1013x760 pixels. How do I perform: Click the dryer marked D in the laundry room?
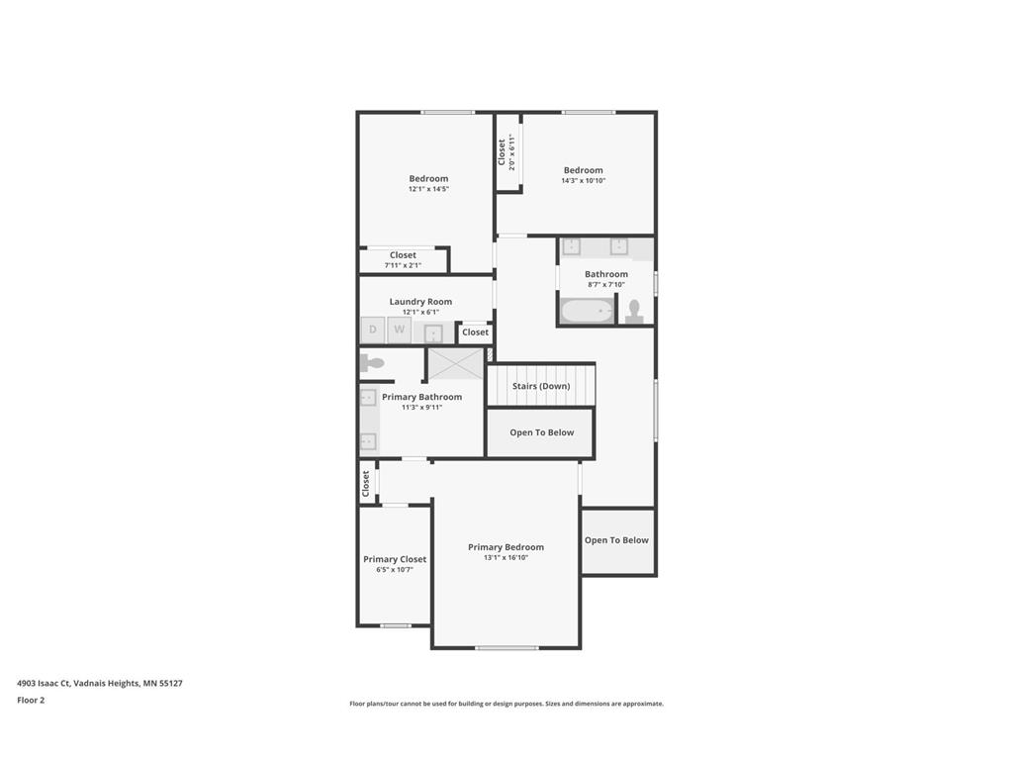coord(373,330)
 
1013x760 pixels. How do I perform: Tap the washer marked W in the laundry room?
coord(400,330)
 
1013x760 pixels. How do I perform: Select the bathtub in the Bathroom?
coord(588,311)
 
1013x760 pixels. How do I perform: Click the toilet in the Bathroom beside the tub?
coord(634,312)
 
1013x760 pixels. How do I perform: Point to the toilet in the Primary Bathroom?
coord(371,363)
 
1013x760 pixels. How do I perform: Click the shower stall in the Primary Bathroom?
coord(455,363)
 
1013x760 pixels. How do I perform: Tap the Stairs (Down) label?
coord(541,386)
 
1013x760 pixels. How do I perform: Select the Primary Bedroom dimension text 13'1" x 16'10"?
coord(506,558)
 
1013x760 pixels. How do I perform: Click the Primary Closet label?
coord(395,559)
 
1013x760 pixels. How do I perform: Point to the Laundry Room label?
coord(420,302)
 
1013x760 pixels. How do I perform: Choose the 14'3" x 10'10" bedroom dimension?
coord(584,180)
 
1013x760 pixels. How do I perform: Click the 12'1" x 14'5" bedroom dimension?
coord(428,189)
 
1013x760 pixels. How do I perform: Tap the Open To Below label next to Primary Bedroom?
coord(616,540)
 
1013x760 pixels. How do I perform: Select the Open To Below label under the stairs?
coord(541,432)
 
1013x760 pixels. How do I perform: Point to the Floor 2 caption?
coord(31,700)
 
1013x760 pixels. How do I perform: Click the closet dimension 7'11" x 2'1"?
coord(403,265)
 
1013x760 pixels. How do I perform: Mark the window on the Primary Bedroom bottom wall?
coord(506,648)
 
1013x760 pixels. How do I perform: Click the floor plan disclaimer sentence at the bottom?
coord(506,704)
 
